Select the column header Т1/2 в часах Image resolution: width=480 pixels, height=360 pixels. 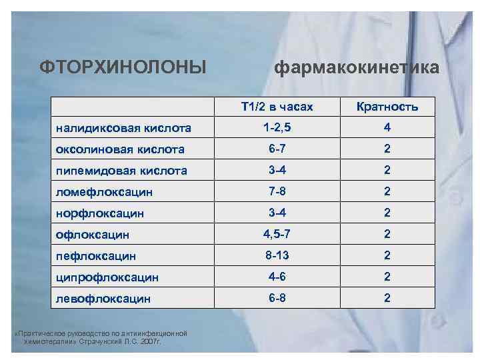click(x=277, y=107)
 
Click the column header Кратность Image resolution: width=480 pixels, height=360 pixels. click(x=387, y=107)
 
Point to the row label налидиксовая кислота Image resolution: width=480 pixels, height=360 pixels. click(x=123, y=128)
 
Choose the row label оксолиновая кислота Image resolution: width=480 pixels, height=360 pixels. click(x=120, y=149)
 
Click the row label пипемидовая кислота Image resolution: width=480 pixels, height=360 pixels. click(x=121, y=171)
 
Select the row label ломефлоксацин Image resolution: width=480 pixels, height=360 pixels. click(x=104, y=192)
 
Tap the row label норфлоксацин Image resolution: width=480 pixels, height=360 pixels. click(x=101, y=213)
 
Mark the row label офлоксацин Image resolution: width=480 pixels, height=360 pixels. click(x=93, y=235)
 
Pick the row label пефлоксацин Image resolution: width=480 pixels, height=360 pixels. click(x=96, y=256)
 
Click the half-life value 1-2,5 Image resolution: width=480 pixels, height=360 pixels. click(x=277, y=127)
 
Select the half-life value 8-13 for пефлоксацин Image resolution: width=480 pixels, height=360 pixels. click(x=277, y=255)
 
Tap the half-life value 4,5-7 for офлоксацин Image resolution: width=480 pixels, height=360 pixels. click(x=277, y=233)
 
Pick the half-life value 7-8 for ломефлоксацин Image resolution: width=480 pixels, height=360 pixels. click(x=277, y=191)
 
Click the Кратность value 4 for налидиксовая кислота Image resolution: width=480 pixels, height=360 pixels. click(x=387, y=127)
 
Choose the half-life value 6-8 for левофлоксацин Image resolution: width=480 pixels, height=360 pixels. click(x=277, y=297)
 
